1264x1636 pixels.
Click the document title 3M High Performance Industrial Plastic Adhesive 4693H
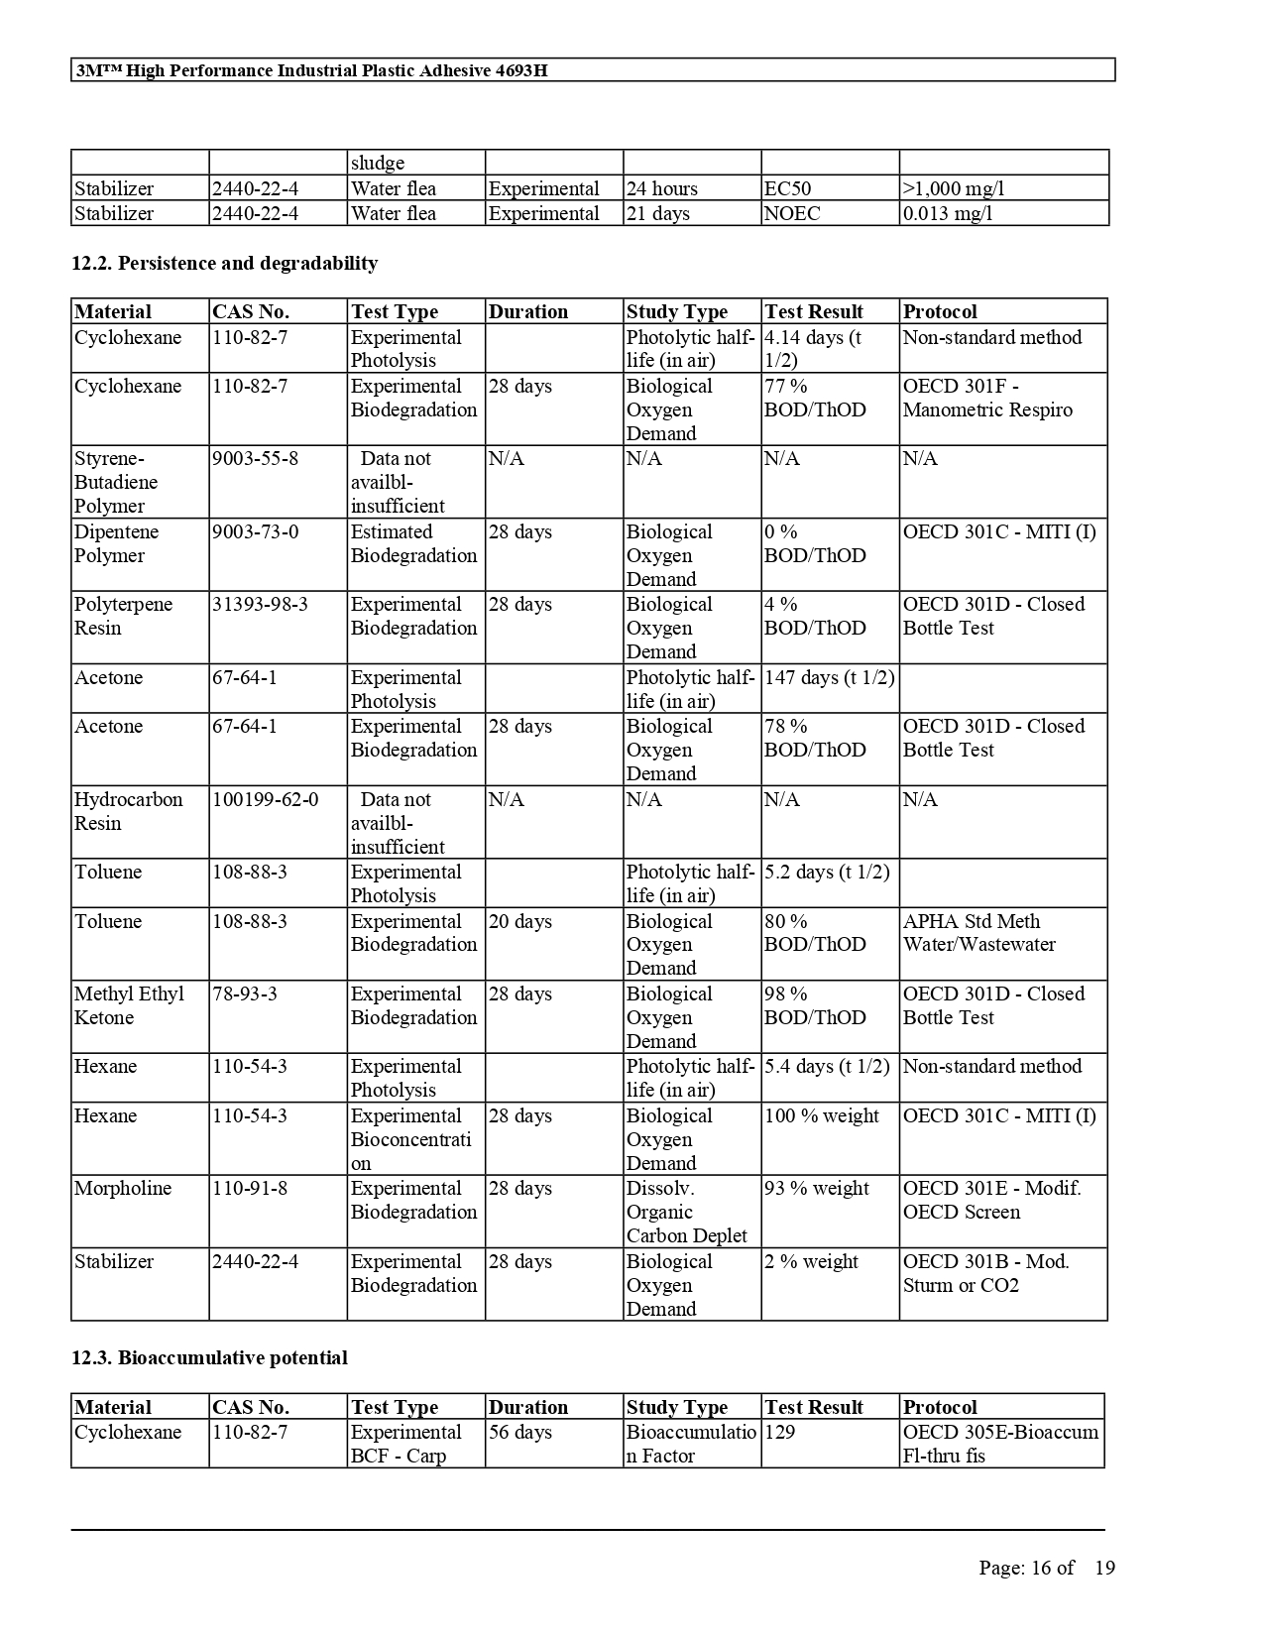point(311,70)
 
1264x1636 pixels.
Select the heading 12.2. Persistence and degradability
point(224,263)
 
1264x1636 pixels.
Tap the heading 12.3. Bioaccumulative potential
point(209,1357)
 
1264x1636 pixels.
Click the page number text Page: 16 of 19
point(1046,1568)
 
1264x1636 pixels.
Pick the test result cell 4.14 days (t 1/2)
point(814,349)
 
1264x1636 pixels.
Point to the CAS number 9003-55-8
point(255,459)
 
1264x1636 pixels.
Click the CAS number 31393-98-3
point(260,605)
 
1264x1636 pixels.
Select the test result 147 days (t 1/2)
point(829,678)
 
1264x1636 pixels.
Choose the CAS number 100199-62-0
point(266,800)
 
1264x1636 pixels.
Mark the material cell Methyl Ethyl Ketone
point(129,1005)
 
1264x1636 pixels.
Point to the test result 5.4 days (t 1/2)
point(827,1067)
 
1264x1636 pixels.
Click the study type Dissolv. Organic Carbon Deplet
point(686,1212)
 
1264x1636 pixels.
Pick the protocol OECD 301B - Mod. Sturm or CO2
point(985,1273)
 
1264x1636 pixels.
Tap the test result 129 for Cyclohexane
point(780,1433)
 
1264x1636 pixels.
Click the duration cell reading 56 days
point(520,1433)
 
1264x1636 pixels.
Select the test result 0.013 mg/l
point(948,213)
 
